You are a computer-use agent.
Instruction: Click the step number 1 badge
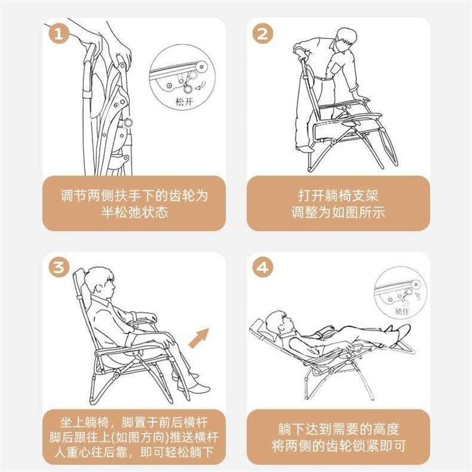58,34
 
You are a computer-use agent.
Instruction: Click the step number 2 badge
261,34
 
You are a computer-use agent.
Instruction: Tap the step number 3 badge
58,268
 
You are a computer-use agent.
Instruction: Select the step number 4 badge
262,268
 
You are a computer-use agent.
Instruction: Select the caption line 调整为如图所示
338,212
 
